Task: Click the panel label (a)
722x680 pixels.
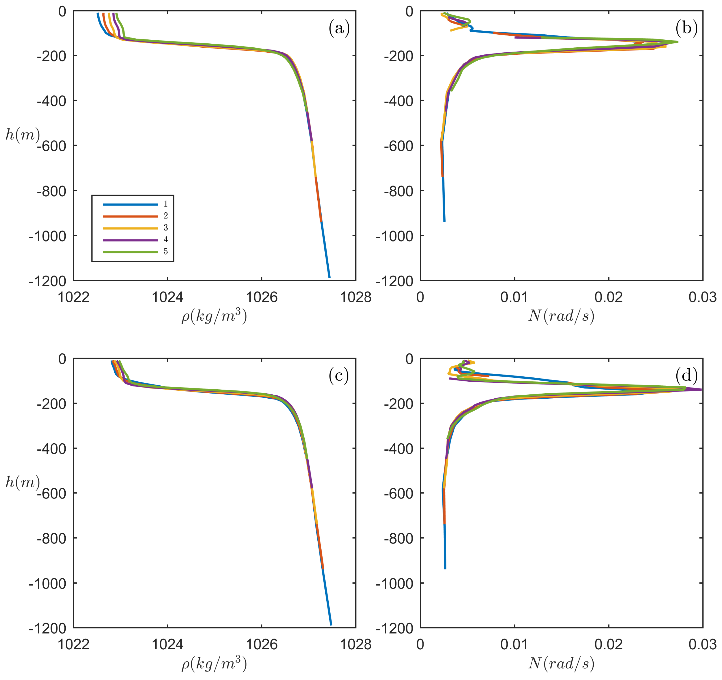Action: click(339, 28)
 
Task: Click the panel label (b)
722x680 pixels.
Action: click(686, 28)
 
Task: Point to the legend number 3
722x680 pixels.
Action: click(166, 228)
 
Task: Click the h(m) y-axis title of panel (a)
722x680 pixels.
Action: click(22, 135)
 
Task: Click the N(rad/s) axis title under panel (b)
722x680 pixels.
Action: click(561, 316)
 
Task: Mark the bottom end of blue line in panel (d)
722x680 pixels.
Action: click(445, 569)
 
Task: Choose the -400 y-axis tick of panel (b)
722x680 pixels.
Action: click(398, 101)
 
